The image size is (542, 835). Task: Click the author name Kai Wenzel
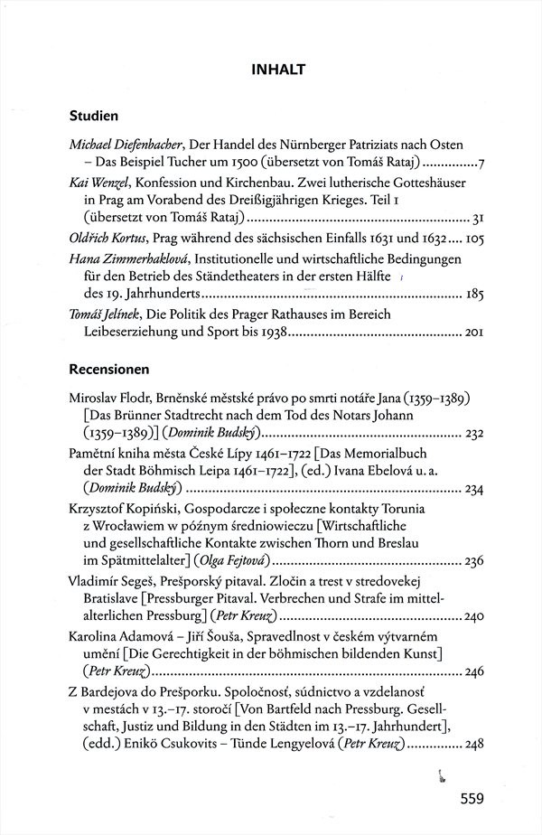(98, 182)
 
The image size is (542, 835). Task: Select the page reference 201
(476, 333)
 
